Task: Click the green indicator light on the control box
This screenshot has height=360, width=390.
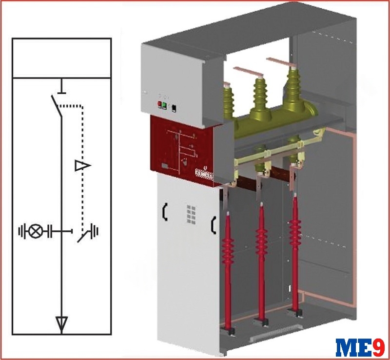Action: pyautogui.click(x=164, y=105)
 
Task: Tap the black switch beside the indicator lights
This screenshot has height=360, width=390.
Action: pyautogui.click(x=174, y=108)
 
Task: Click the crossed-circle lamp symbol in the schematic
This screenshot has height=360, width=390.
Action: pyautogui.click(x=36, y=232)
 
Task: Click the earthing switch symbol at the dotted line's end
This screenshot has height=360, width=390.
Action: pyautogui.click(x=88, y=233)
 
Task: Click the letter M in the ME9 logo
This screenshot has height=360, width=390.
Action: pyautogui.click(x=347, y=347)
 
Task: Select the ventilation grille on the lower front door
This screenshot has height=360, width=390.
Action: pyautogui.click(x=191, y=214)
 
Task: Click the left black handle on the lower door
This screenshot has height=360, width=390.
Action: pyautogui.click(x=165, y=212)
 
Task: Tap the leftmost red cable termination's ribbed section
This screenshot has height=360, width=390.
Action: pyautogui.click(x=228, y=250)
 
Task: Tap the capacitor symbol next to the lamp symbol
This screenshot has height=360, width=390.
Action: pyautogui.click(x=50, y=232)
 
